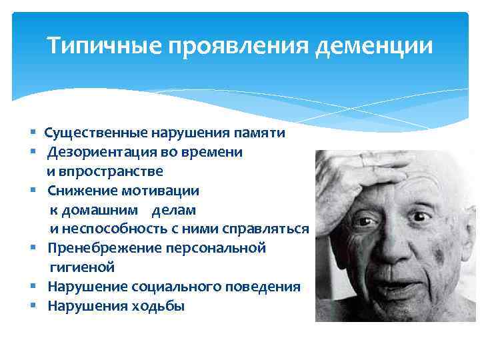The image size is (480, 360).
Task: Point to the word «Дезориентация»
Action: [100, 152]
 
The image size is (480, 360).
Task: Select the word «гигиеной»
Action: [82, 267]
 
